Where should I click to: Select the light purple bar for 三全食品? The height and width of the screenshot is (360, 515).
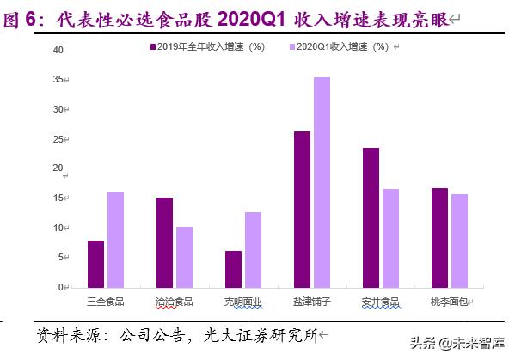[x=115, y=240]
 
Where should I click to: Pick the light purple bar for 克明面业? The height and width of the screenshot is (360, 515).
[x=253, y=249]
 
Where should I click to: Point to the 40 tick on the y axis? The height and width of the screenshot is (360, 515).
[x=58, y=50]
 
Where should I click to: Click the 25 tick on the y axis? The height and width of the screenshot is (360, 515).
[x=58, y=139]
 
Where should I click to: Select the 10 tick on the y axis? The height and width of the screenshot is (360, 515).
[x=58, y=228]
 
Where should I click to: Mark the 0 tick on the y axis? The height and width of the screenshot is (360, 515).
[x=61, y=287]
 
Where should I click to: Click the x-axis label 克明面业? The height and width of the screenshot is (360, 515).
[x=242, y=302]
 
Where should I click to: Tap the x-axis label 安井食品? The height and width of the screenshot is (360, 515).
[x=380, y=302]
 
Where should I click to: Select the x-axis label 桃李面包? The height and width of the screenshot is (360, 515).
[x=449, y=302]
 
